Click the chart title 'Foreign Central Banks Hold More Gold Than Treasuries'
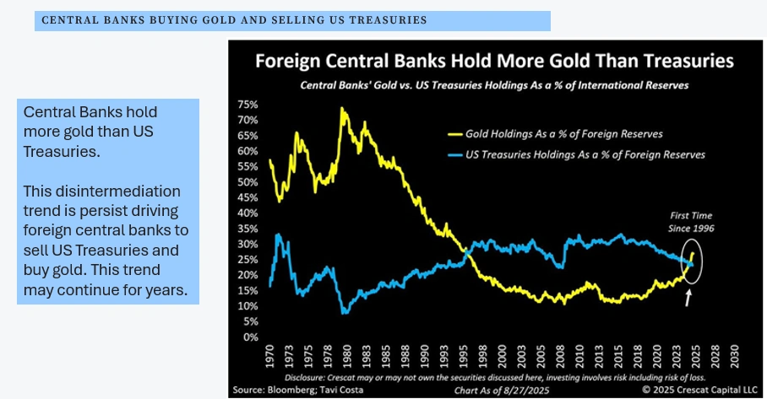coord(494,61)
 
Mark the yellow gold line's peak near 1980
coord(342,108)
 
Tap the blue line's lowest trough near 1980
coord(344,312)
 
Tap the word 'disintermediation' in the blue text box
coord(101,191)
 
